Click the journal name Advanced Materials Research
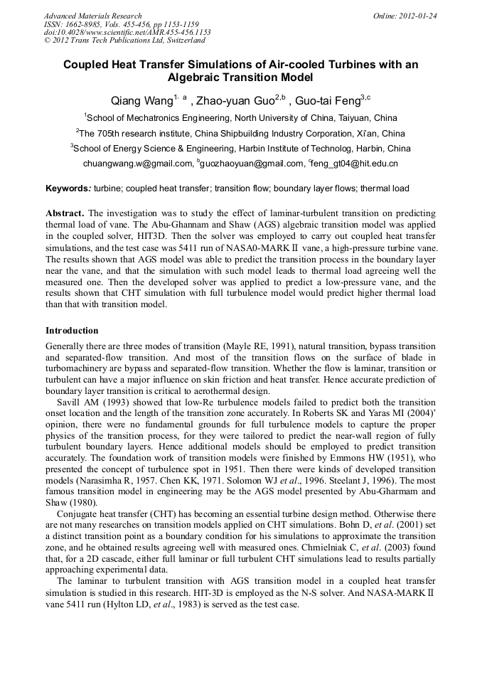point(92,16)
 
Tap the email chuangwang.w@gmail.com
point(138,164)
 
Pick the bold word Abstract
point(65,213)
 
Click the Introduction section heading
point(72,331)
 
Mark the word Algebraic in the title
point(198,77)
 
